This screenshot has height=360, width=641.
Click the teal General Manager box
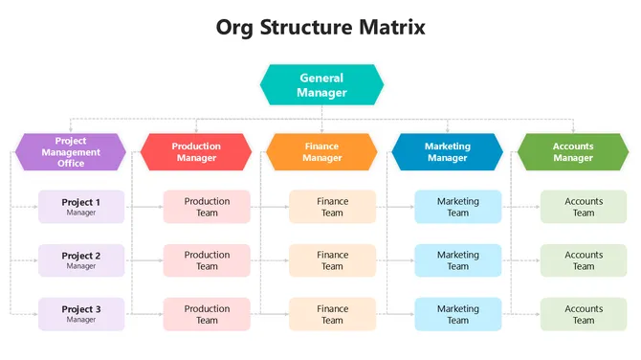[x=321, y=85]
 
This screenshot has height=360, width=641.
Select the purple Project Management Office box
[x=71, y=152]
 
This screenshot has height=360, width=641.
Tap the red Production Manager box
[x=196, y=152]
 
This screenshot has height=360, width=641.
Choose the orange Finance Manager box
[x=321, y=152]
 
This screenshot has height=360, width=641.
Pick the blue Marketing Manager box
[x=447, y=152]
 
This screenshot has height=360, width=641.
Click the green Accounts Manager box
[x=573, y=152]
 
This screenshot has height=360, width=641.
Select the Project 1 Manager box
[x=81, y=207]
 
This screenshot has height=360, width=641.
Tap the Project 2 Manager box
[x=81, y=260]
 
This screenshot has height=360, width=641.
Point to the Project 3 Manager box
[x=81, y=314]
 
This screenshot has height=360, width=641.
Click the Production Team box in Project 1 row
[x=207, y=207]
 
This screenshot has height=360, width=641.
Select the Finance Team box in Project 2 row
[x=332, y=260]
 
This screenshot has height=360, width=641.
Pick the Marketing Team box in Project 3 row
[x=457, y=314]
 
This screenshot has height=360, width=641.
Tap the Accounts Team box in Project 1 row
[x=584, y=207]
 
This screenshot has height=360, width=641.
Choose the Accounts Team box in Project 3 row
[x=584, y=314]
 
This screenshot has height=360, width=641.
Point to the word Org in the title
[x=238, y=27]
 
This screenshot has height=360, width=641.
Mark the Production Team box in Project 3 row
[x=207, y=314]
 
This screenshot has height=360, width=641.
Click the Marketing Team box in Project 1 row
[x=457, y=207]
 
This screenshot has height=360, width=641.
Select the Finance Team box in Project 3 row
[x=332, y=314]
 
